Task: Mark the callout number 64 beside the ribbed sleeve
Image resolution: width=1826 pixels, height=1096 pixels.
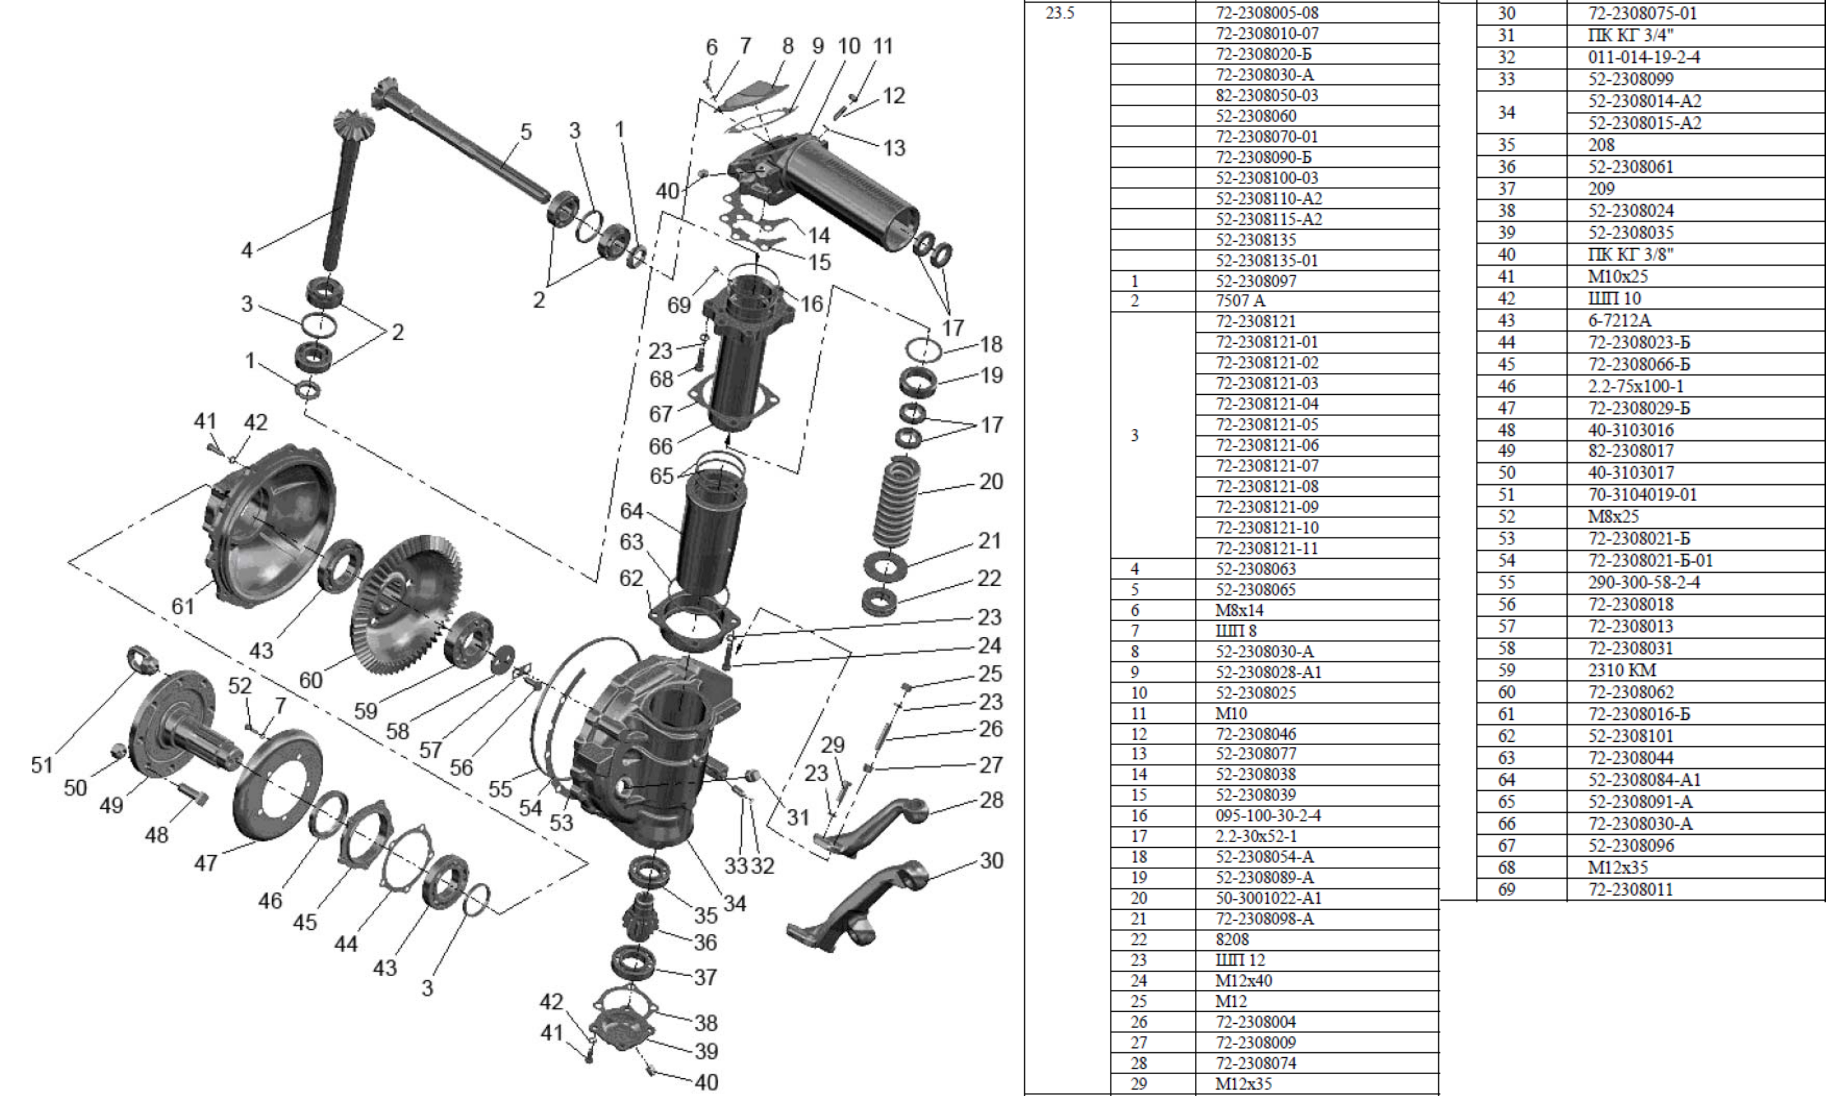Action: pyautogui.click(x=632, y=511)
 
